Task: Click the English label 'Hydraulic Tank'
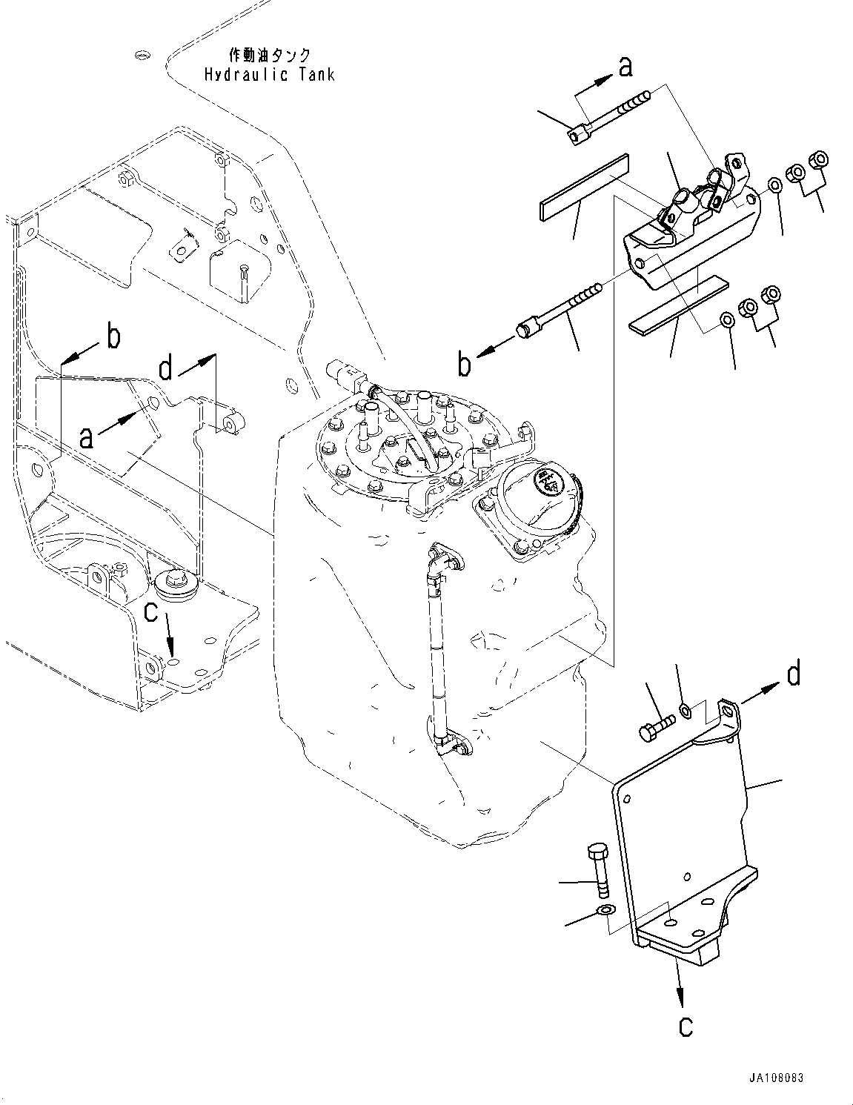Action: (x=269, y=75)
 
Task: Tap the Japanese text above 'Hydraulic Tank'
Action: (x=269, y=55)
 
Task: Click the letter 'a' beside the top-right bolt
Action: (x=626, y=67)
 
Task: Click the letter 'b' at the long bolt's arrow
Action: (x=465, y=365)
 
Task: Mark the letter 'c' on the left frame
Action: (x=151, y=611)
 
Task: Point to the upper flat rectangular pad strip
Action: (x=581, y=188)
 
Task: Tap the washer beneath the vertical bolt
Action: (x=606, y=909)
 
